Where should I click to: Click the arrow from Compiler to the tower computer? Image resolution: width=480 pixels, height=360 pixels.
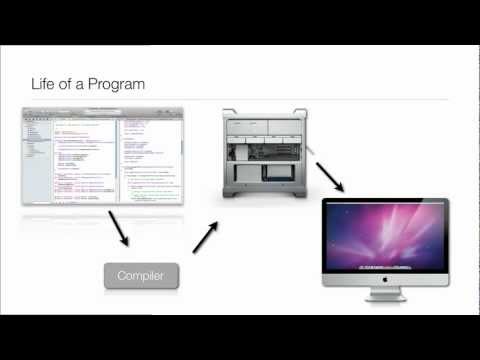205,236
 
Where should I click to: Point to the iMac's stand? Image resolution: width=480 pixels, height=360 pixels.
385,297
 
